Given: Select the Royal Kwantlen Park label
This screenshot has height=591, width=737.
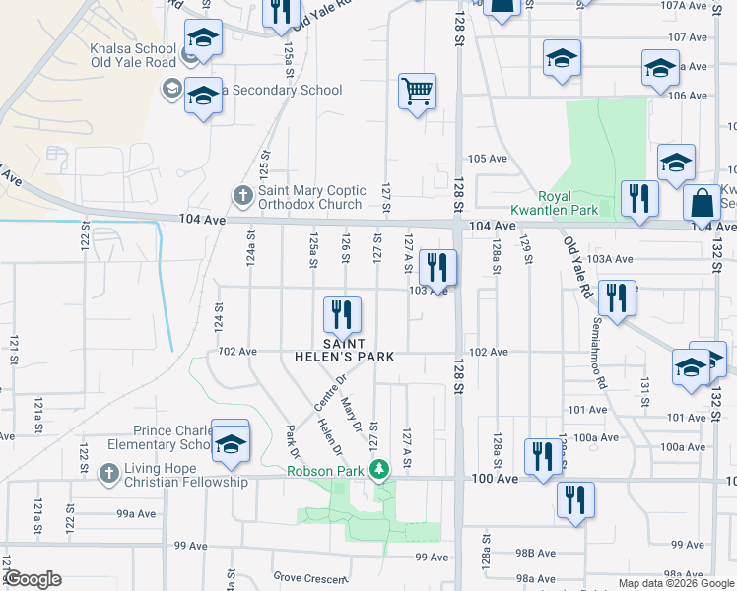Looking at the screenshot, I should pos(568,203).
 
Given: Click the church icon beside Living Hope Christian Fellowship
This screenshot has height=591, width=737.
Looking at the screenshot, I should pos(109,474).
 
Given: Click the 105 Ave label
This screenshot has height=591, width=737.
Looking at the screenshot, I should pos(487,159).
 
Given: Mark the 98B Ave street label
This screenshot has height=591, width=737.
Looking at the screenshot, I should pos(536,554).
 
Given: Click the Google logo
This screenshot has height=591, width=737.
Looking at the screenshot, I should pos(33,579).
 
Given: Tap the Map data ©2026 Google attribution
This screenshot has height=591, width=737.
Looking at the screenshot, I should pos(675,583).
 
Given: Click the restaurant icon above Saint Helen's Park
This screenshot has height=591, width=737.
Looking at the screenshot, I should pos(342,315).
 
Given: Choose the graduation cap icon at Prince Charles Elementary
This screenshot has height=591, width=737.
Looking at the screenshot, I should pos(231,443).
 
